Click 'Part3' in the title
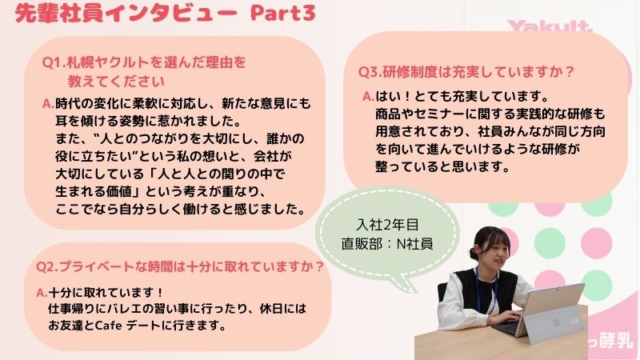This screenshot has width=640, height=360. click(283, 13)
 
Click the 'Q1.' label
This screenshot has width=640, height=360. click(54, 62)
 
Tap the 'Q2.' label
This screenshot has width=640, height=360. click(47, 267)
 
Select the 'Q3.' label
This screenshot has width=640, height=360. click(370, 72)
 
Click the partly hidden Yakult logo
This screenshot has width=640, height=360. click(550, 26)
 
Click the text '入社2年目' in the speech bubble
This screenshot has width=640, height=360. click(388, 225)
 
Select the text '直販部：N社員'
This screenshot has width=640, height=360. click(387, 244)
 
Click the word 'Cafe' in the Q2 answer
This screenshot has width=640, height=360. click(108, 326)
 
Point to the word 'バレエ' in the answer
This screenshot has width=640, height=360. click(124, 309)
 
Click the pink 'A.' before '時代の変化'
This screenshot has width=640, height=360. click(48, 104)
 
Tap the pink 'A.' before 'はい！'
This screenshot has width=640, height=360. click(369, 97)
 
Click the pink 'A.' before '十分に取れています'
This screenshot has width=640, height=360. click(42, 292)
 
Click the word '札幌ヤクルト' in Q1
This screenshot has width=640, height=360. click(108, 62)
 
